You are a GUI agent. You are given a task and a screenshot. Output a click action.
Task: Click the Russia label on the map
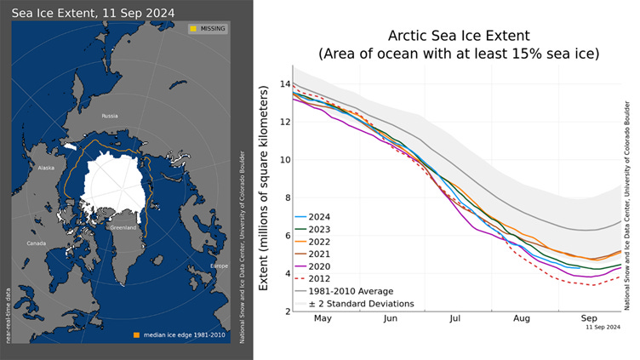click(x=109, y=115)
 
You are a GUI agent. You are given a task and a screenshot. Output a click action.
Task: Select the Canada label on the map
click(x=37, y=243)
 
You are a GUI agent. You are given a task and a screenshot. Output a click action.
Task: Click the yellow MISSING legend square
click(x=193, y=29)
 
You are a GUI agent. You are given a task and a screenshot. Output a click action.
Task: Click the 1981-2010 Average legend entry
click(x=349, y=291)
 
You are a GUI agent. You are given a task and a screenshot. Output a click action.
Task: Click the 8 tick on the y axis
click(x=285, y=197)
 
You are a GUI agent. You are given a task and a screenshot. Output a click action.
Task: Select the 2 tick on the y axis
click(x=285, y=311)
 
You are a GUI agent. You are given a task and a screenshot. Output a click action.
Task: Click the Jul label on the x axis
click(x=455, y=319)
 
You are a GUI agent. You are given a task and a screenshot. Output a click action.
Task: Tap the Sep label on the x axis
click(x=588, y=319)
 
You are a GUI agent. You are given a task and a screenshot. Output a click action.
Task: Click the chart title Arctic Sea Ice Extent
click(x=459, y=36)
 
